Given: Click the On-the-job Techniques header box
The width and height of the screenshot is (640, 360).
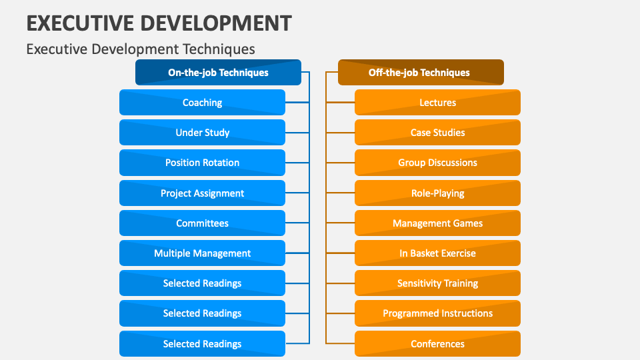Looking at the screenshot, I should [x=218, y=73].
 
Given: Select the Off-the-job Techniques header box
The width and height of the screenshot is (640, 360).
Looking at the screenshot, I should [x=420, y=73].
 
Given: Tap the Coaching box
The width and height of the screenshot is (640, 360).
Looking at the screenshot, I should [x=202, y=103].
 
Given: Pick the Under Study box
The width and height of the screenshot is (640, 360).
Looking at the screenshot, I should [x=202, y=133].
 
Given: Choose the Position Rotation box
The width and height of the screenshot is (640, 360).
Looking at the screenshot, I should [x=202, y=163].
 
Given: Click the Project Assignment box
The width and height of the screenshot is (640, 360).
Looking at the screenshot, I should [x=202, y=193].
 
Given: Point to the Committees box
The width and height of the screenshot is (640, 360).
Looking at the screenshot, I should [x=202, y=223].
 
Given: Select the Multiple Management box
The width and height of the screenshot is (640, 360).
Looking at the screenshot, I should [x=202, y=253].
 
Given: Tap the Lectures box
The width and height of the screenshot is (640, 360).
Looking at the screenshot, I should [x=437, y=103].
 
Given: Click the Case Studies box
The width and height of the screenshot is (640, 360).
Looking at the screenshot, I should [x=437, y=133].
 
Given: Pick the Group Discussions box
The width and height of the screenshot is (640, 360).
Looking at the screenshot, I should [x=437, y=163].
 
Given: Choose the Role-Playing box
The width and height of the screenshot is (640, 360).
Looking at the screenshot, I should [x=437, y=193].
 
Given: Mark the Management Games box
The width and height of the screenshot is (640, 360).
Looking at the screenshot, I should [x=437, y=223].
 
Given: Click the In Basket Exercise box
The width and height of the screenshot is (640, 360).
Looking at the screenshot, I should [x=437, y=253].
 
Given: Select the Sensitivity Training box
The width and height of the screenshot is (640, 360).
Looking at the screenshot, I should [x=437, y=283].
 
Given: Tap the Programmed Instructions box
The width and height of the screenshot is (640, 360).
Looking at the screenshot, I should [x=437, y=313].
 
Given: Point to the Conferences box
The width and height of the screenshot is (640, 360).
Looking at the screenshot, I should [x=437, y=344].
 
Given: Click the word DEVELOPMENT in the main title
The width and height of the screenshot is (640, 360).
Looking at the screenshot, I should [x=216, y=23].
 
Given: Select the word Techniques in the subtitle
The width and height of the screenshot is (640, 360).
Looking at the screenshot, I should [x=218, y=49].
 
